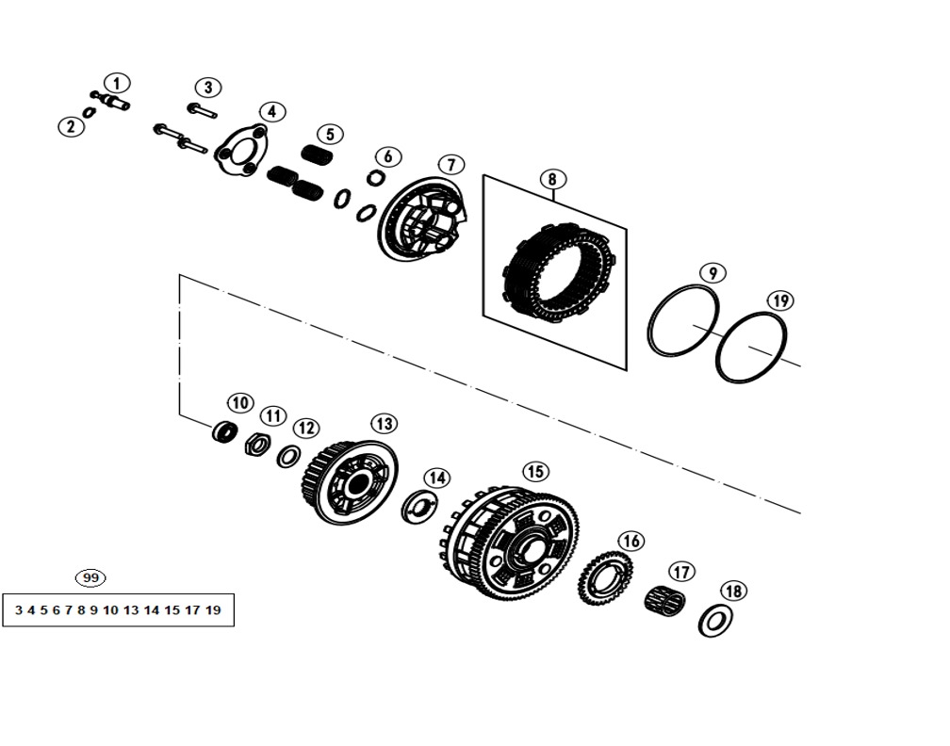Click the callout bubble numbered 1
(x=117, y=84)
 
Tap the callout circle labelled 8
(x=552, y=180)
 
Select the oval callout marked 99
(x=90, y=578)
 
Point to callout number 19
(x=780, y=301)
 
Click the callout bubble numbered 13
(x=385, y=424)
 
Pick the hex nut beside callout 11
(x=257, y=445)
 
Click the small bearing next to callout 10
(x=223, y=431)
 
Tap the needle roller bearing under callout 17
(x=664, y=599)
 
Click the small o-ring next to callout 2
(x=89, y=113)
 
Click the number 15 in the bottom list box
(x=172, y=609)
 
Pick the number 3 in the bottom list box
(x=18, y=609)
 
